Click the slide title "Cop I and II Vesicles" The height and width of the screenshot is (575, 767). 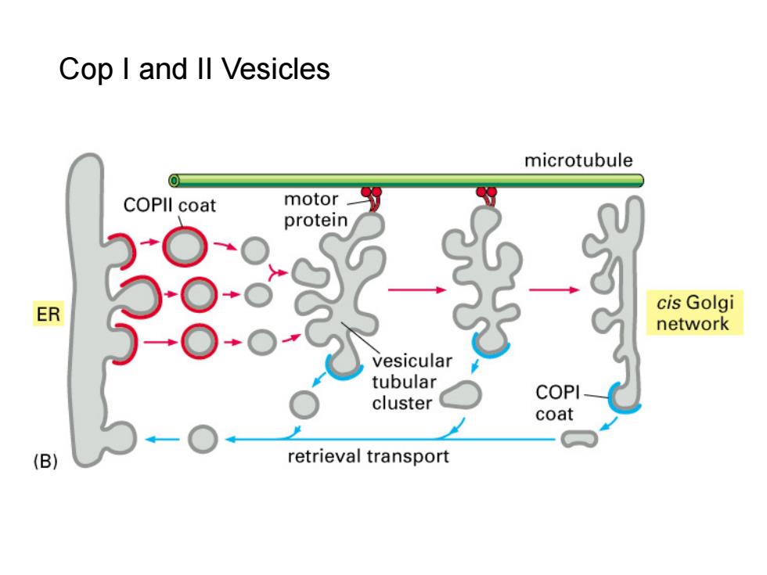194,69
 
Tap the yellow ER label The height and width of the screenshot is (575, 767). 49,314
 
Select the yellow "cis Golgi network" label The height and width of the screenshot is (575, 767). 695,313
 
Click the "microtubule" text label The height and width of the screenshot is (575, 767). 578,160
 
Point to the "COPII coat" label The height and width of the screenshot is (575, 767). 169,205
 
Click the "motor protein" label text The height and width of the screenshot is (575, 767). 315,210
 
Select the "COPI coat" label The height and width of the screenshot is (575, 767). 557,403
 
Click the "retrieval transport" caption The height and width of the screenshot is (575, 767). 368,456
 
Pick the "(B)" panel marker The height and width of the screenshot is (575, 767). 45,461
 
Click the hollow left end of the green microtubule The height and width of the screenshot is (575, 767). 174,181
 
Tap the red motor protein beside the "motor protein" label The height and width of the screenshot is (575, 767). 373,198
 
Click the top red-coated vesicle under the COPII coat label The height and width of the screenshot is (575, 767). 185,247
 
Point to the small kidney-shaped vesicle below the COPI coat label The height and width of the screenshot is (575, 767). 579,439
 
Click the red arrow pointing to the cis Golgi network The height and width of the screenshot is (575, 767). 554,290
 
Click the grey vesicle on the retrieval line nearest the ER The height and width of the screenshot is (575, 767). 203,439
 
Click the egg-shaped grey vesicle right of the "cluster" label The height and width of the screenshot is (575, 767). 460,395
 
